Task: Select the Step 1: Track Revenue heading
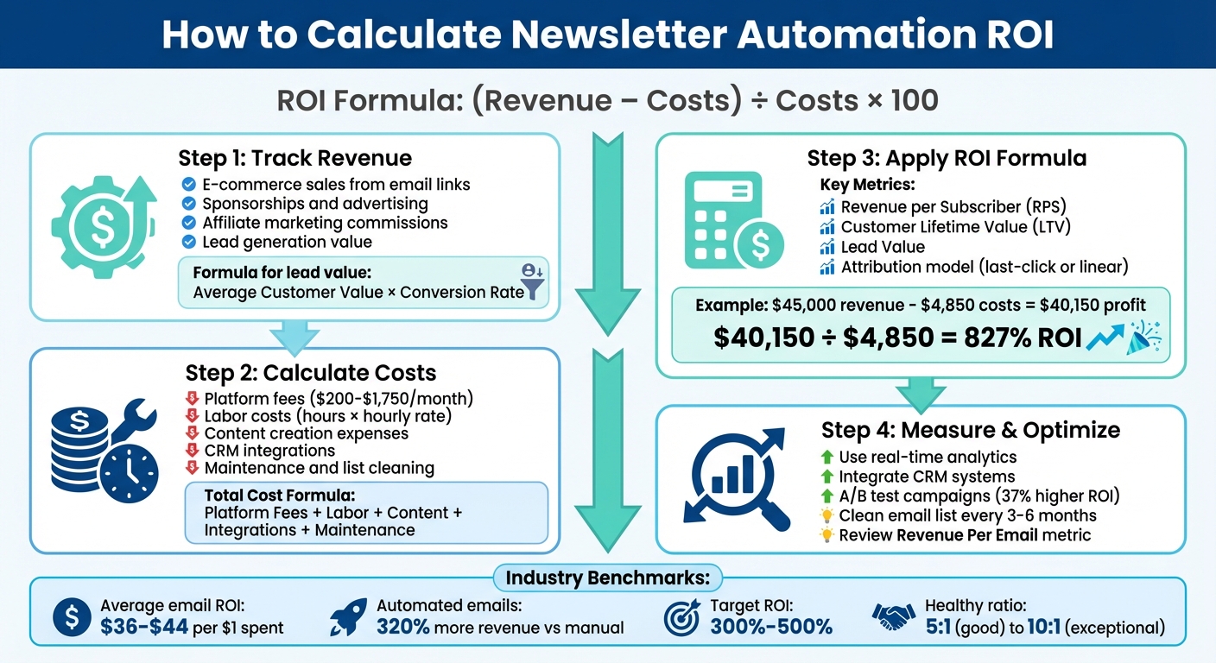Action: (294, 158)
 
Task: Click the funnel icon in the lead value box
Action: (534, 282)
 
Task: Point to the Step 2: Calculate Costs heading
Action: (310, 372)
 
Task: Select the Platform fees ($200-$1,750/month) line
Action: (339, 399)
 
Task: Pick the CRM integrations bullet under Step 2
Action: (269, 451)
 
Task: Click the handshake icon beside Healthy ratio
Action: (893, 616)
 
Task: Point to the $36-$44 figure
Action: (144, 628)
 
